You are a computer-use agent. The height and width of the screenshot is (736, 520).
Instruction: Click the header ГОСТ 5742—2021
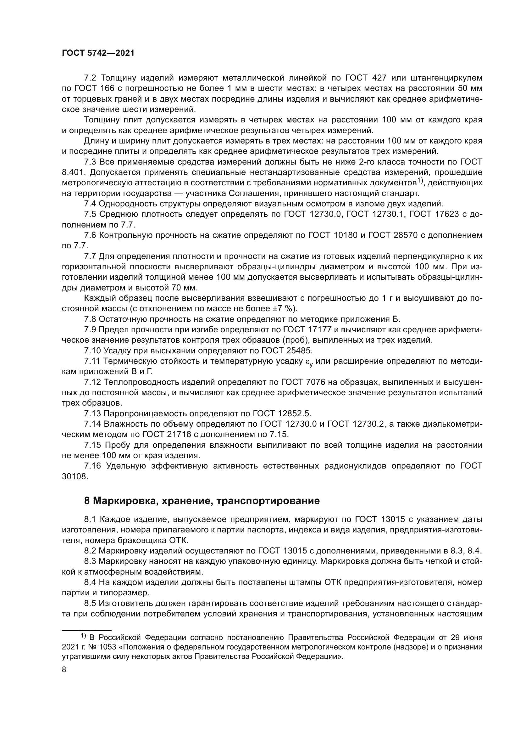click(98, 53)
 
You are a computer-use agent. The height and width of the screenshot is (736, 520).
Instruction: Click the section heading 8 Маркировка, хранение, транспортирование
click(202, 501)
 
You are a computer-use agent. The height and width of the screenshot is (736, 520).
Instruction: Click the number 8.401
click(74, 172)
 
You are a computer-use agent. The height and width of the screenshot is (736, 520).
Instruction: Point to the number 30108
click(75, 476)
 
